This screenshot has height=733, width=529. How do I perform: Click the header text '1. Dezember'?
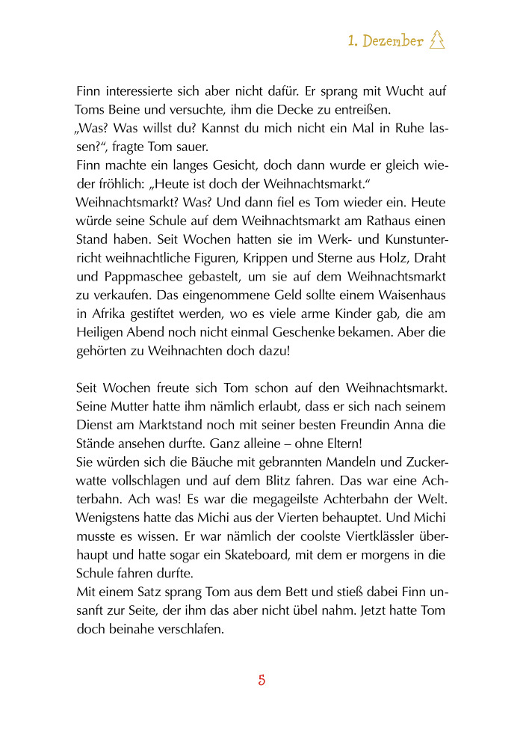tap(386, 41)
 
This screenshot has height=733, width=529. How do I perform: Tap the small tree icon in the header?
tap(438, 41)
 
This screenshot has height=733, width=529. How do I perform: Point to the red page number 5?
tap(262, 680)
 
